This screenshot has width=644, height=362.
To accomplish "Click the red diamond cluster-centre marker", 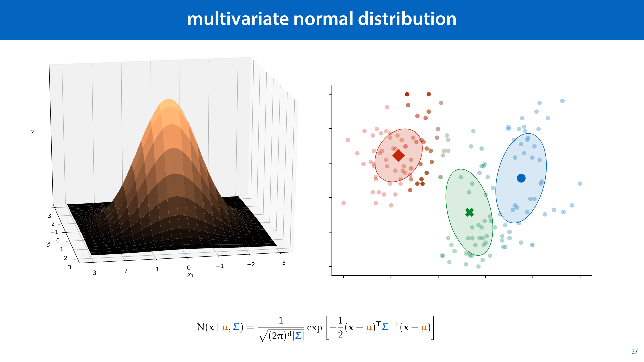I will click(398, 155).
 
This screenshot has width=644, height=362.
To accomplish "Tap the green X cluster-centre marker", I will click(469, 212).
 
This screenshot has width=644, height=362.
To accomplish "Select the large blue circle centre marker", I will click(521, 178).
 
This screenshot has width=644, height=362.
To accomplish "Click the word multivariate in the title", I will click(237, 19).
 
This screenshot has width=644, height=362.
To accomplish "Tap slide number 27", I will click(634, 351).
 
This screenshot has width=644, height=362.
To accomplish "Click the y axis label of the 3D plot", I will click(32, 132).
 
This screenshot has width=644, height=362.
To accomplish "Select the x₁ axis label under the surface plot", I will click(190, 275).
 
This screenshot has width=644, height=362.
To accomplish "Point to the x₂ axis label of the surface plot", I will click(49, 245).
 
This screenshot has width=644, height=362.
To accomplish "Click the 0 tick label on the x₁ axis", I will click(189, 268).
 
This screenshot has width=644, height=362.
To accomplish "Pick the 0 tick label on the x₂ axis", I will click(58, 241).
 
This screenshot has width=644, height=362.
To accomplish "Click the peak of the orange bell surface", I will click(169, 100).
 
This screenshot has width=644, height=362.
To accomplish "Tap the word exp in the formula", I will click(314, 328).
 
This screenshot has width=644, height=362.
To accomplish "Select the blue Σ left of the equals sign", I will click(236, 327).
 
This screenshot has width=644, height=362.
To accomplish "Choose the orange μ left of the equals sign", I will click(225, 328).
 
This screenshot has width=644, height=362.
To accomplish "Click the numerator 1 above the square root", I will click(281, 321).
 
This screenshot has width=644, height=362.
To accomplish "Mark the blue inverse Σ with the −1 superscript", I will click(385, 327).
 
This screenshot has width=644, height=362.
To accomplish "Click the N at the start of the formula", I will click(200, 327).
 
